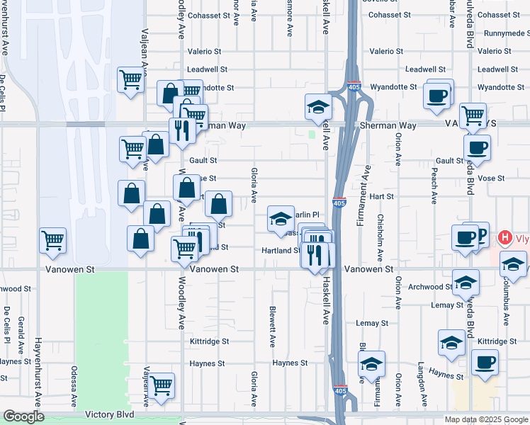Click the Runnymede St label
[x=500, y=33]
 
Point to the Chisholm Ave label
[x=380, y=234]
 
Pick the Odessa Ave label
[x=73, y=387]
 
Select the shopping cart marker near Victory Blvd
[x=162, y=385]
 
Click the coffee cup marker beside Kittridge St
[x=485, y=363]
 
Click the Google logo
[x=23, y=416]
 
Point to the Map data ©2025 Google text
[x=485, y=419]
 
